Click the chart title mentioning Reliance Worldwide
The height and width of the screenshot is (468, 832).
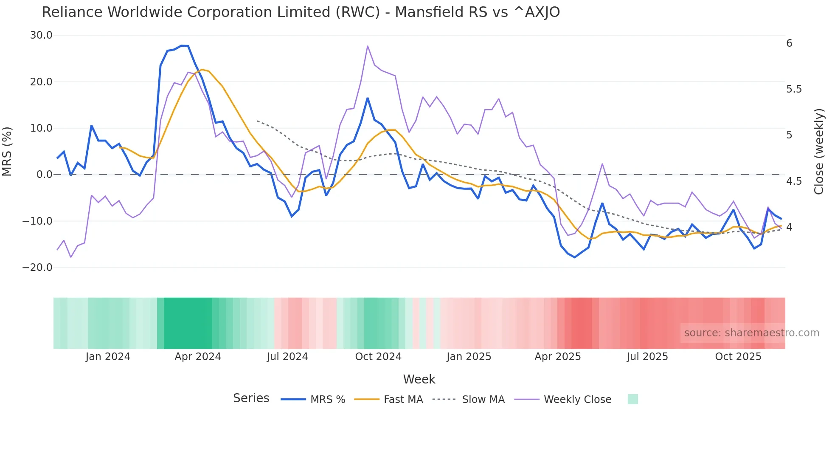click(301, 12)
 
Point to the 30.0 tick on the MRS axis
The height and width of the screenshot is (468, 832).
click(41, 35)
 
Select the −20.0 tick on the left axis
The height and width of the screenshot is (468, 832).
click(37, 268)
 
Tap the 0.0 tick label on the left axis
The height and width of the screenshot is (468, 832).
click(45, 175)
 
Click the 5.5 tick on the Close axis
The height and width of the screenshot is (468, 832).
click(794, 89)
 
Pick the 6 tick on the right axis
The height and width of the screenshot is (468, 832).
click(789, 43)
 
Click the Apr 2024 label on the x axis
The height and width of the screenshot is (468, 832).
click(198, 357)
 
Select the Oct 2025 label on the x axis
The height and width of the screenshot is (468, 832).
click(738, 357)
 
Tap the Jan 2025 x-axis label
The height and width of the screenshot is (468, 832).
click(469, 357)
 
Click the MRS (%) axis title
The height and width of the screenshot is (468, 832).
click(7, 151)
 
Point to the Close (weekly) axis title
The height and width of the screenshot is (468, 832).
click(819, 151)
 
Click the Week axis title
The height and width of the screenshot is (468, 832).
click(419, 379)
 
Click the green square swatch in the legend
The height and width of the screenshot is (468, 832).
click(632, 399)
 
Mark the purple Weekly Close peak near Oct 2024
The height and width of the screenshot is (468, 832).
click(368, 46)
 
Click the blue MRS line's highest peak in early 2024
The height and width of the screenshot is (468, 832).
click(183, 45)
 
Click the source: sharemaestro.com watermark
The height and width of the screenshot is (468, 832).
click(751, 333)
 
